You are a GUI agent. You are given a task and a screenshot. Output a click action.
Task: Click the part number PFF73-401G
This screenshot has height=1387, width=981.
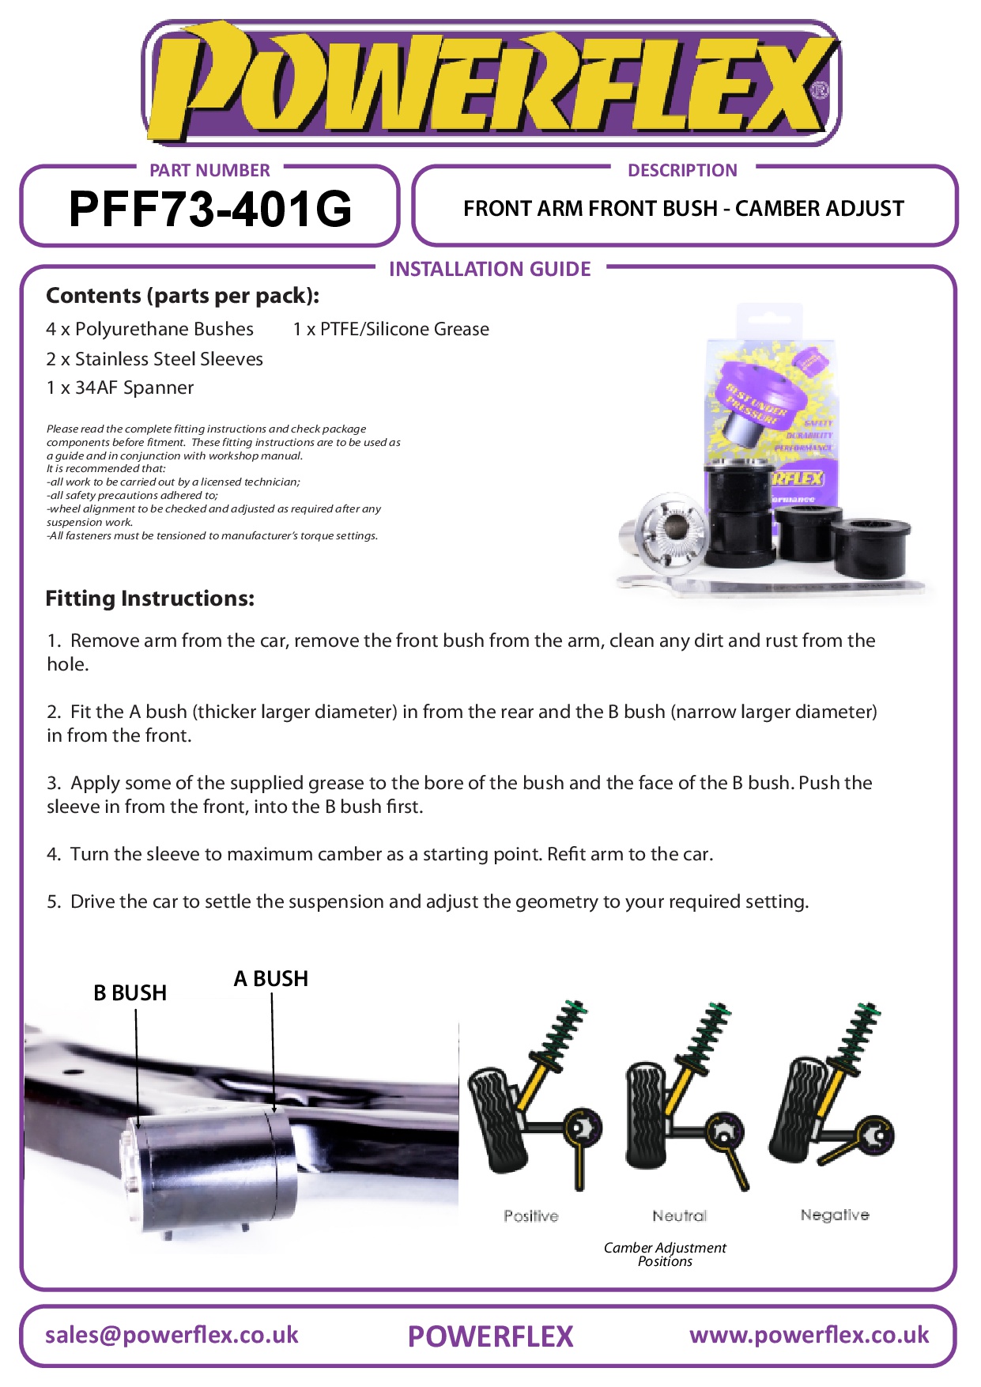point(210,210)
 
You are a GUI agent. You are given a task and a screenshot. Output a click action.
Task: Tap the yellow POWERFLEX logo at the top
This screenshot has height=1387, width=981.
point(490,83)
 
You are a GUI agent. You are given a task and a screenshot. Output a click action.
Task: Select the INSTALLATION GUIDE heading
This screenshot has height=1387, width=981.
point(490,269)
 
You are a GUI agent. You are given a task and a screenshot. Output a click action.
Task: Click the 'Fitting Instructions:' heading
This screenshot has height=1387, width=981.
point(150,599)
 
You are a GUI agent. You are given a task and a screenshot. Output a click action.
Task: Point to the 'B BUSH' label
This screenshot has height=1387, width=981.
point(130,993)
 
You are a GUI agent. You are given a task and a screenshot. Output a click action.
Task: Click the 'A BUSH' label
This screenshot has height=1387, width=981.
point(271,979)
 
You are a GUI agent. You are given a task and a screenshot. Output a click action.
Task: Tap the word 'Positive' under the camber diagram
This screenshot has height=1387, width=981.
point(531,1216)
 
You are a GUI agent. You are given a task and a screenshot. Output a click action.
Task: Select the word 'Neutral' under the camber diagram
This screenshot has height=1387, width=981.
point(680,1216)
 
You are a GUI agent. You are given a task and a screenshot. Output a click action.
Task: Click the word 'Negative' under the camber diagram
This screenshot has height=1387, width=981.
point(835,1215)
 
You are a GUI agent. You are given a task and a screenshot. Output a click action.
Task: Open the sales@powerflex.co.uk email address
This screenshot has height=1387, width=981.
point(172,1335)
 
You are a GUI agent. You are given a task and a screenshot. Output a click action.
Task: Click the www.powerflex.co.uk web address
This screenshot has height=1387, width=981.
point(809,1335)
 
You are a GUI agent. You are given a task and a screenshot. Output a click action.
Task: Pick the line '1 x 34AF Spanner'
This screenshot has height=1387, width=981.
point(120,387)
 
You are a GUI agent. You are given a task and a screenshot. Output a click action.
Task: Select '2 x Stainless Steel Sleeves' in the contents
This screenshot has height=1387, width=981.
point(155,359)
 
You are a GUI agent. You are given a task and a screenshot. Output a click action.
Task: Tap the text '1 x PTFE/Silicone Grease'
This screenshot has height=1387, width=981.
point(391,329)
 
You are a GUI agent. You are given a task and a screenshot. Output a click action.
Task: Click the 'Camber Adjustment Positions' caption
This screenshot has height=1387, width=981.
point(665,1254)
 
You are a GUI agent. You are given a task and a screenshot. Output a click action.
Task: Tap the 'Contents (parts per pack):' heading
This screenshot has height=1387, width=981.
point(183,296)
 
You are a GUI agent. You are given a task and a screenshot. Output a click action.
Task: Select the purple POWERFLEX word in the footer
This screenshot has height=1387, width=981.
point(490,1336)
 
